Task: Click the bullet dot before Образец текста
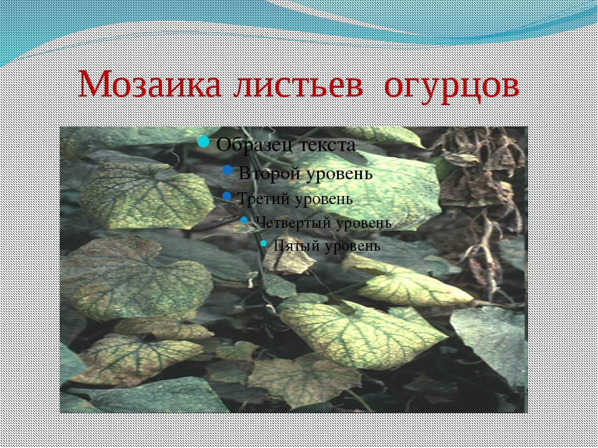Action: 204,142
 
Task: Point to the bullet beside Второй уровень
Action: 227,170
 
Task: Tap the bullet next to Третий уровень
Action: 227,196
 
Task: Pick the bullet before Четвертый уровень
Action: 244,220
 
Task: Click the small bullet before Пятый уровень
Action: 263,243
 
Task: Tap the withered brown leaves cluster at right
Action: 478,202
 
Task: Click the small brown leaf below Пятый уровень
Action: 288,260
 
